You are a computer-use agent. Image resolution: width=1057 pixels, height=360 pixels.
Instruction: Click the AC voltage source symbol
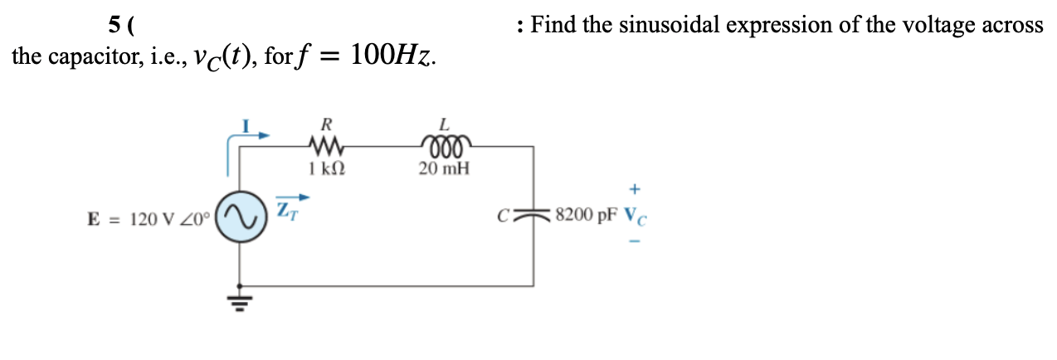240,219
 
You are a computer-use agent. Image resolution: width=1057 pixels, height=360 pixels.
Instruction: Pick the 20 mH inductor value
444,168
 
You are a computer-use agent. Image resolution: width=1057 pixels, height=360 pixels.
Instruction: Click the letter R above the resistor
326,125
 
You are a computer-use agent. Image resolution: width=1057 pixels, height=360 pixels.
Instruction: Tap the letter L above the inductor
444,125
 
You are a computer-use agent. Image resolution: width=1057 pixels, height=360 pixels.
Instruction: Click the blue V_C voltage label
632,216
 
